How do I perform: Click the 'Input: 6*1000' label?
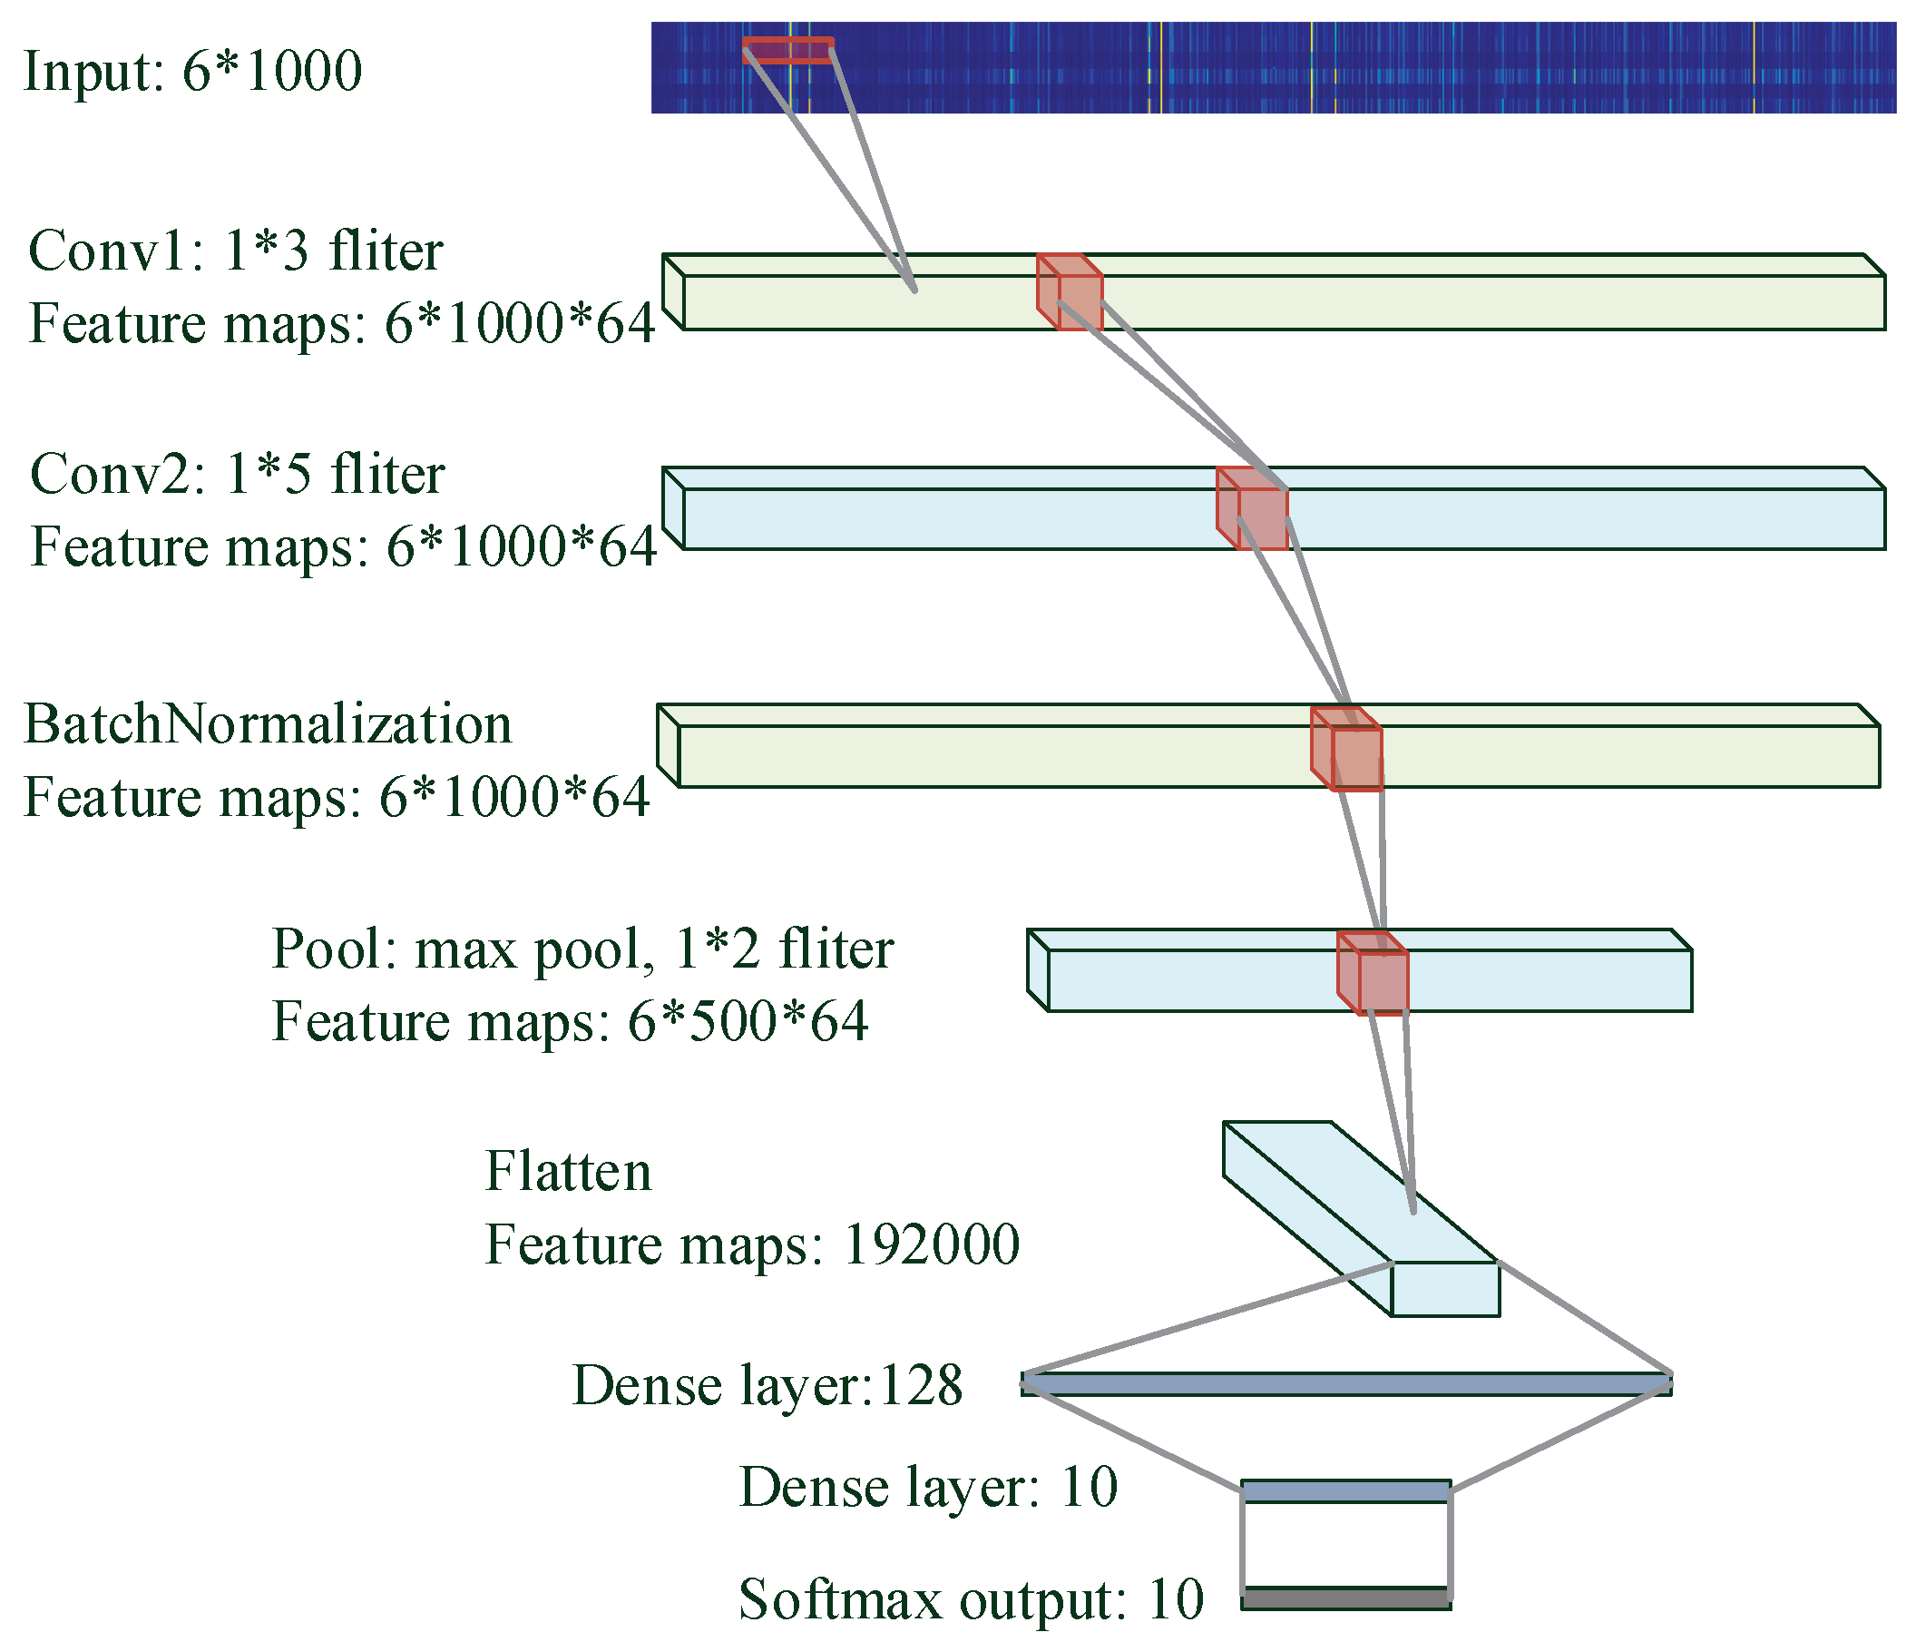192,71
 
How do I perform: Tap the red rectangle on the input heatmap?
787,50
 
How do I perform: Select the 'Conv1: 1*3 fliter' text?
236,251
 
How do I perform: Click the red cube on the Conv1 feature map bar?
1070,292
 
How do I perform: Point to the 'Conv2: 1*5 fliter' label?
238,474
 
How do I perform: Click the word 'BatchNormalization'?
268,723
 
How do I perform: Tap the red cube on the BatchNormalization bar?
1347,750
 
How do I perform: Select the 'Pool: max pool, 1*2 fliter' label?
582,949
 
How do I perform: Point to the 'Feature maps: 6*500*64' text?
570,1021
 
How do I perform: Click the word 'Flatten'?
569,1171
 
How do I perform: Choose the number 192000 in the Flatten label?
931,1244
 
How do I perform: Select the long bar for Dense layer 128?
1346,1384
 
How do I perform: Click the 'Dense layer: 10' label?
928,1488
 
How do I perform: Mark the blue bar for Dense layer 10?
1345,1491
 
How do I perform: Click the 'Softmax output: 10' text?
971,1599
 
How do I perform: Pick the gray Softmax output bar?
1345,1598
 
